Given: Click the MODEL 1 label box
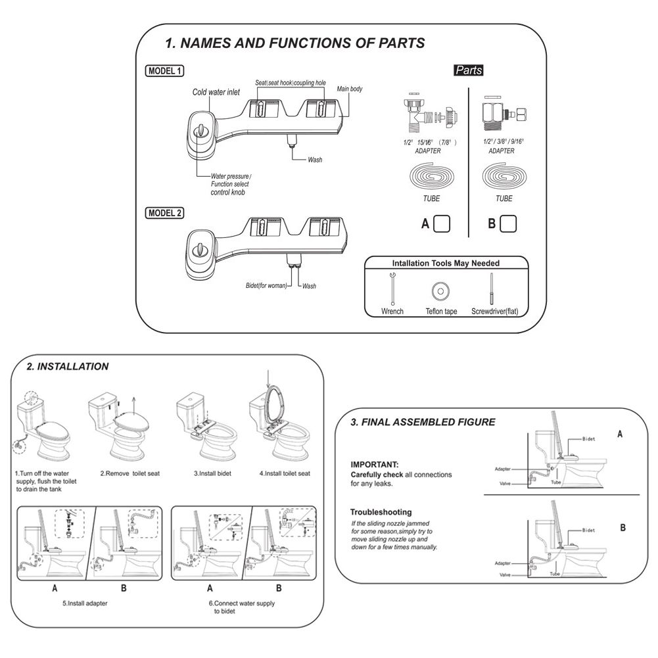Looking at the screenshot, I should point(165,72).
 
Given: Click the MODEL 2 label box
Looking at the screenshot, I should point(165,212).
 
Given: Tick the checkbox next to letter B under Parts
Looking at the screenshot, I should point(507,223).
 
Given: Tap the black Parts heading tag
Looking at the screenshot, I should point(469,70).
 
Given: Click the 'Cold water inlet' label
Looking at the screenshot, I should point(216,93).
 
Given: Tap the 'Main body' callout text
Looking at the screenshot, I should point(350,88).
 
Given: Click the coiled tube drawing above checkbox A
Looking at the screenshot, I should point(431,177).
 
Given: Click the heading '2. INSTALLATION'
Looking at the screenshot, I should point(68,367).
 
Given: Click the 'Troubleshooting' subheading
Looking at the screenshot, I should point(381,511).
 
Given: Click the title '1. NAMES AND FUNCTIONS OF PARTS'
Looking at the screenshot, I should point(294,43).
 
